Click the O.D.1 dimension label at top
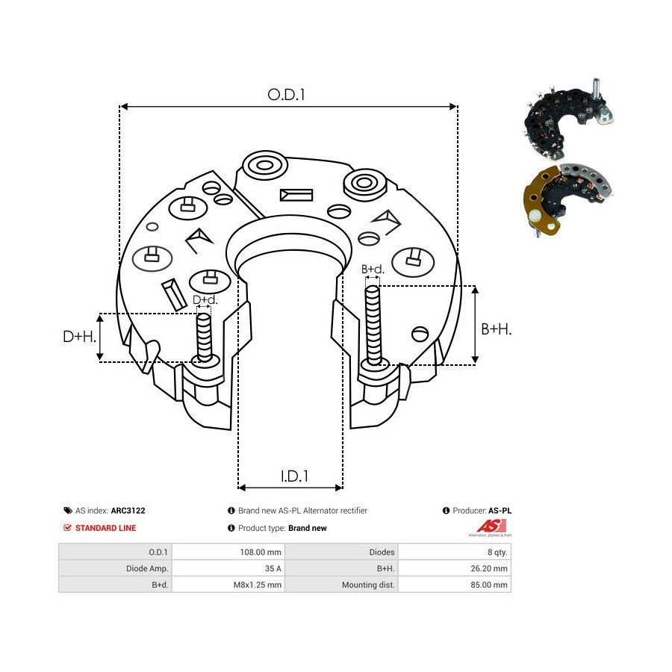(x=286, y=95)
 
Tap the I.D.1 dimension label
(x=294, y=476)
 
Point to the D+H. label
(x=80, y=337)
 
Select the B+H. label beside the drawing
(x=497, y=329)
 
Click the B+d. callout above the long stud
(x=373, y=269)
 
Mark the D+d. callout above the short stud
(x=205, y=299)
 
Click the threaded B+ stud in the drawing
(x=373, y=326)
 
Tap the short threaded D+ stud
(x=204, y=337)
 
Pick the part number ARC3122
(x=128, y=511)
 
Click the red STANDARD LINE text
(x=105, y=528)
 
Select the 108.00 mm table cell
(x=261, y=552)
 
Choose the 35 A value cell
(x=273, y=568)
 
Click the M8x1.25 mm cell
(x=257, y=585)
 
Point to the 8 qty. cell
(x=497, y=552)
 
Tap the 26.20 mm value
(x=489, y=568)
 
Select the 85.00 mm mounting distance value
(x=489, y=585)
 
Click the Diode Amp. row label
(x=147, y=568)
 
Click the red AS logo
(x=491, y=526)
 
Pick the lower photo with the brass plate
(x=567, y=199)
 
